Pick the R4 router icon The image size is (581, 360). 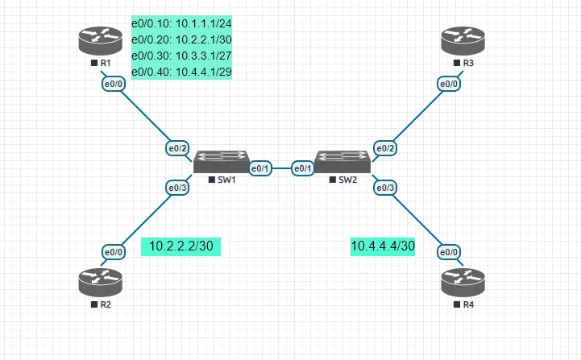point(463,282)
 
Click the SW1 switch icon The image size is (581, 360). point(221,160)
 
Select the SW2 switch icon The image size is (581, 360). point(342,160)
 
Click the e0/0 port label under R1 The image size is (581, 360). point(113,84)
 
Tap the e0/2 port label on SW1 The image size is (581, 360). point(177,148)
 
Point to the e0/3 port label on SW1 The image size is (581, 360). point(177,188)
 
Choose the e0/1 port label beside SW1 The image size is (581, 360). point(260,168)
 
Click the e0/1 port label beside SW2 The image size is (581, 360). point(302,168)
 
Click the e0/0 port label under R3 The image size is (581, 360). point(449,84)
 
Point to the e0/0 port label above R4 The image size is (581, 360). point(449,252)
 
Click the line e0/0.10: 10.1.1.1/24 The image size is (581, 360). point(187,24)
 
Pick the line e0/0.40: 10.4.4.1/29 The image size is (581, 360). point(187,71)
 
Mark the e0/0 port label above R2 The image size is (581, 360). point(114,252)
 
